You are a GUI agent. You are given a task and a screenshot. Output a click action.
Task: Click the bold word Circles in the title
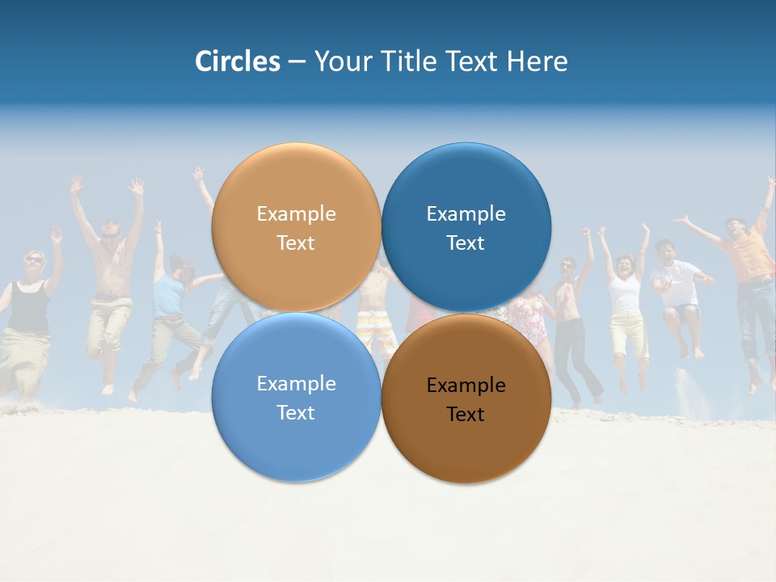[x=238, y=61]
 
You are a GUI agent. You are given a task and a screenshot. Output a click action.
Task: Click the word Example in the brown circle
[x=466, y=386]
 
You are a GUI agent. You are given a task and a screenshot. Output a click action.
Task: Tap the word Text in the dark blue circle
[x=466, y=243]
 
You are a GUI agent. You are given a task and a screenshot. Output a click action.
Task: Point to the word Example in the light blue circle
[x=296, y=384]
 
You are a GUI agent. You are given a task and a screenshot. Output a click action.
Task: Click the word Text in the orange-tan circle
[x=296, y=243]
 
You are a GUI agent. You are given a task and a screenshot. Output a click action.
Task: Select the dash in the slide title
[x=297, y=61]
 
